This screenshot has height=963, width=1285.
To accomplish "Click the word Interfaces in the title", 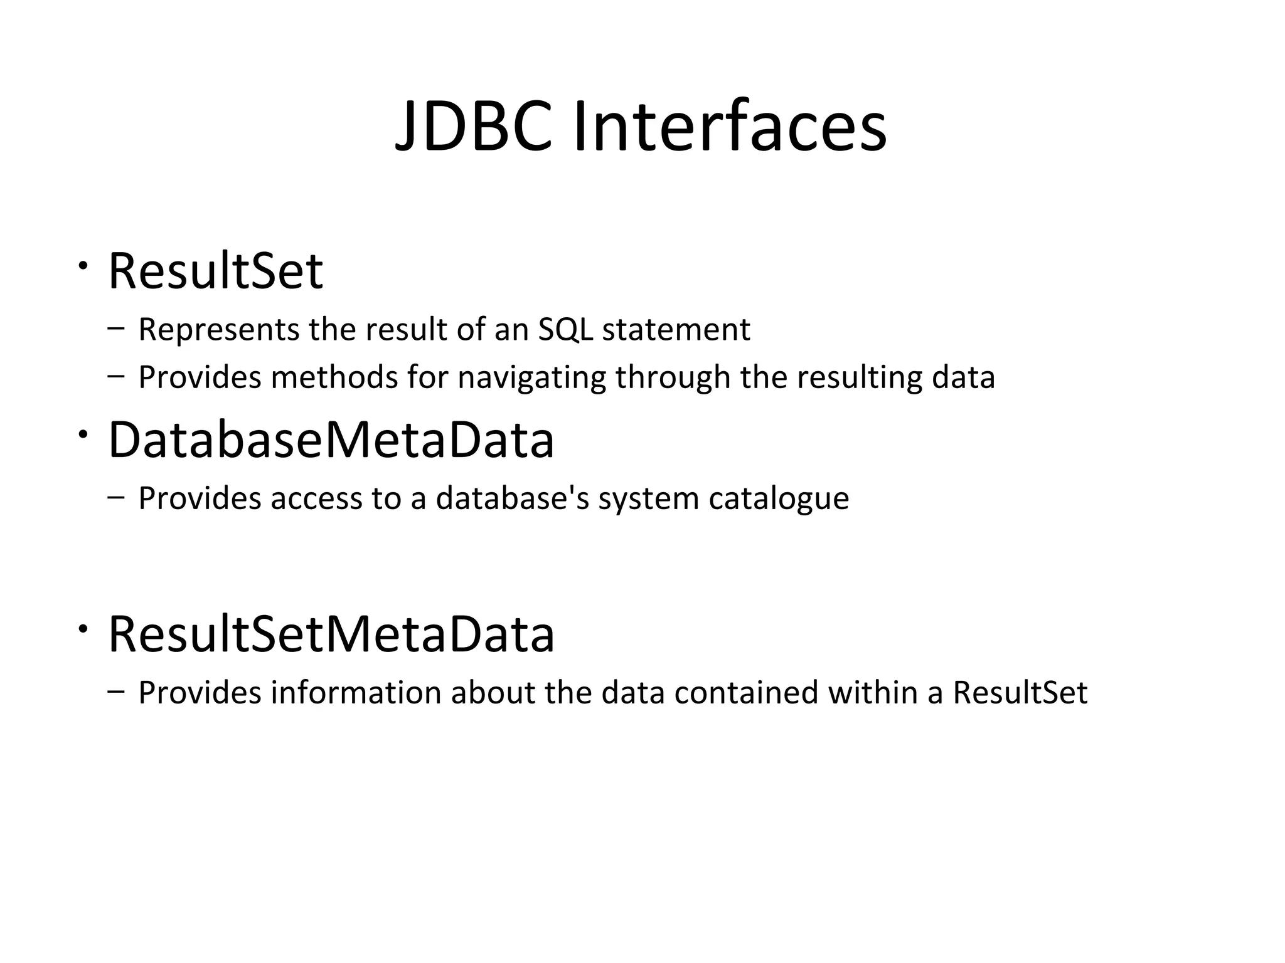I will (730, 127).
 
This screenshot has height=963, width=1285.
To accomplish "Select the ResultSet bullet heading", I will (215, 271).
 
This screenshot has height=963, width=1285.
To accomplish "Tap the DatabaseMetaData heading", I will (331, 440).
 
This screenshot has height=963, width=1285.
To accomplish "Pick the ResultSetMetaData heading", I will (331, 634).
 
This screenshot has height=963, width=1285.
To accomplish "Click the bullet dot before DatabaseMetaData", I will (82, 434).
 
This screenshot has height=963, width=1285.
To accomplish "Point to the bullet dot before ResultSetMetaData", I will (82, 629).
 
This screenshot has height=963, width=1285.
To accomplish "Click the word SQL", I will (565, 330).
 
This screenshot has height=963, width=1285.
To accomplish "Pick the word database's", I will (513, 499).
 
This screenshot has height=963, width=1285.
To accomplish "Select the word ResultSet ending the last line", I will (1020, 693).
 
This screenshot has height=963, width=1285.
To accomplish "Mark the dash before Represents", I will (115, 329).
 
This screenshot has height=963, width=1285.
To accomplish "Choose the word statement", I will (676, 330).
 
